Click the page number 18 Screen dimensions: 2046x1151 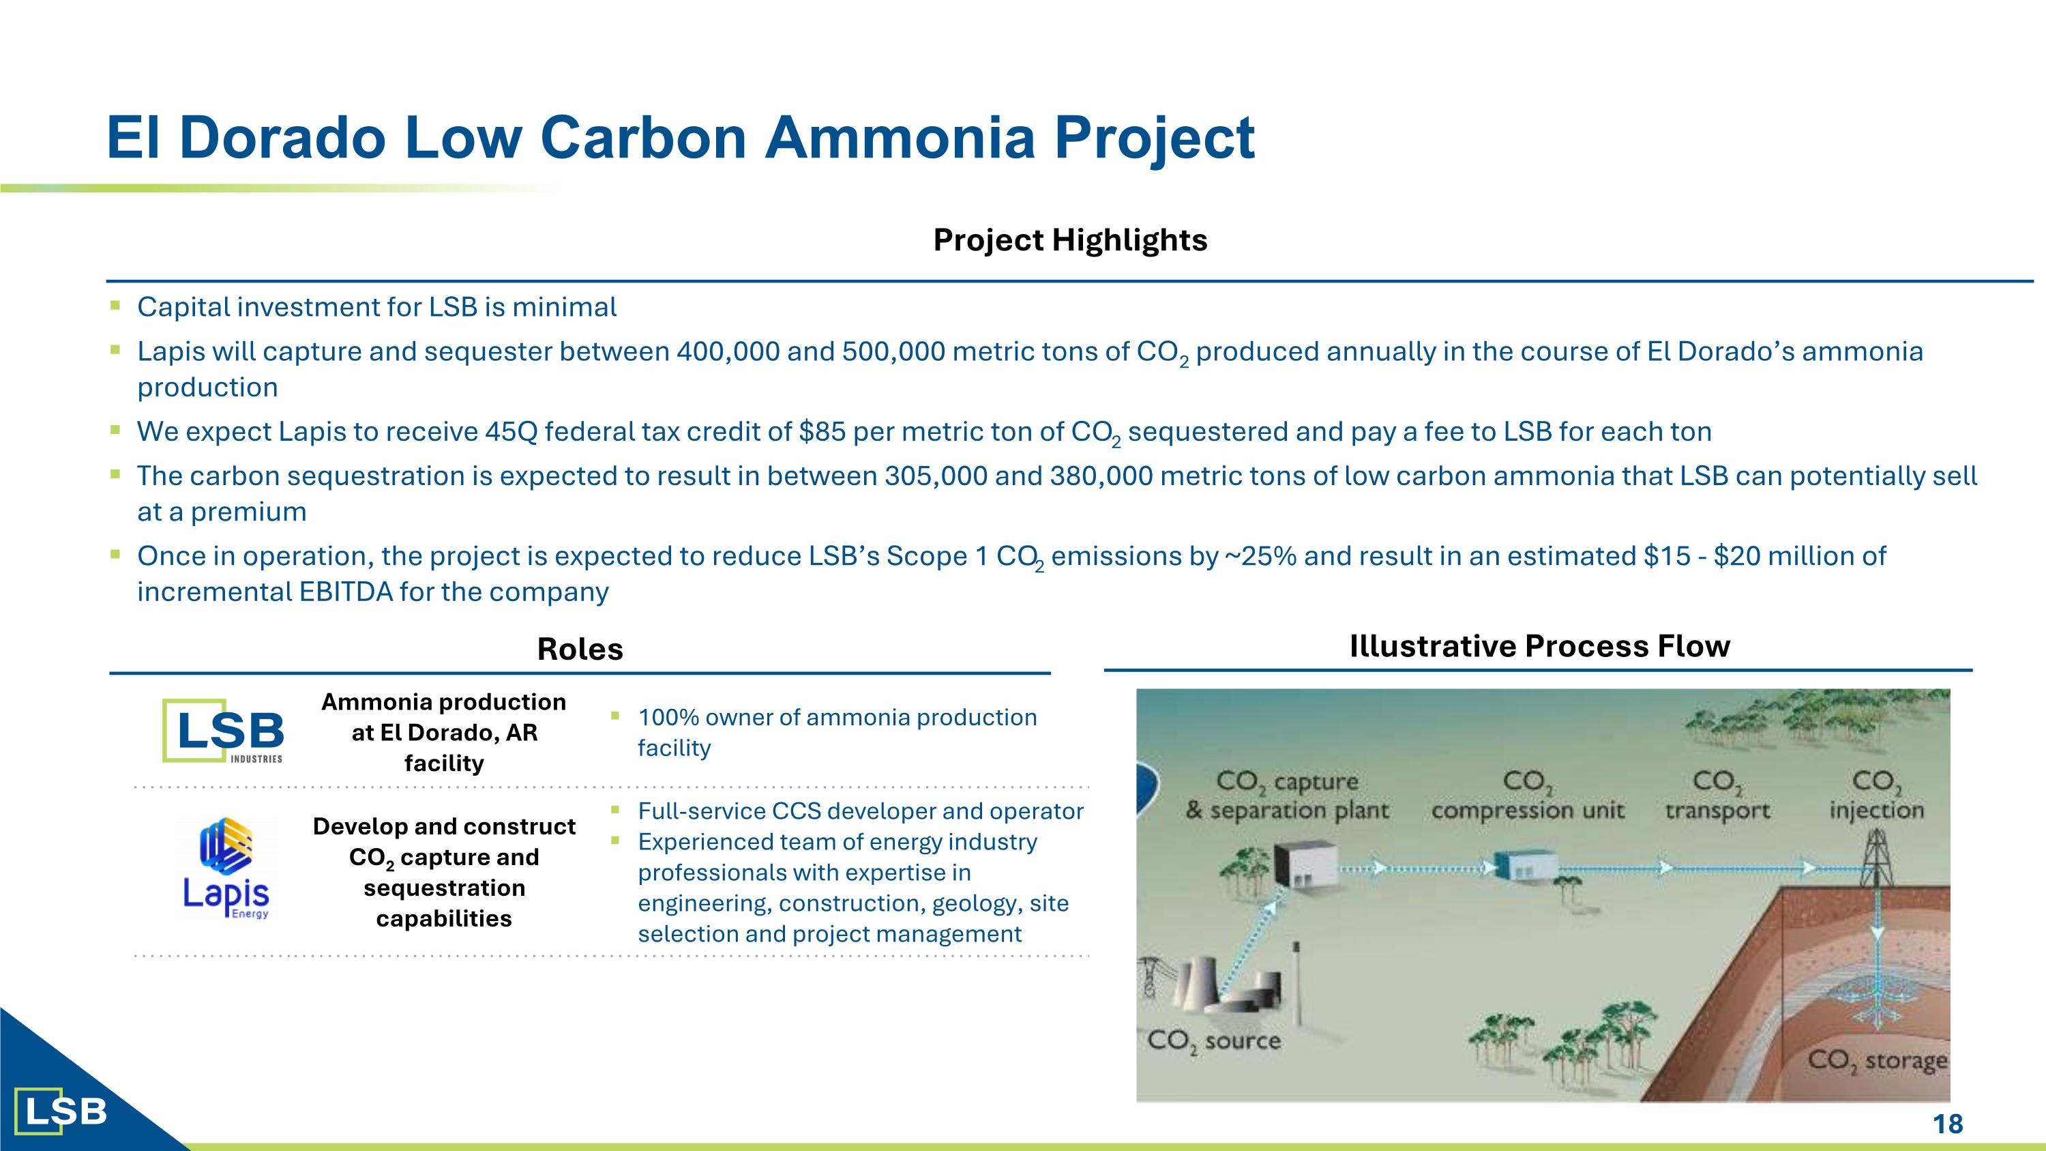coord(1948,1124)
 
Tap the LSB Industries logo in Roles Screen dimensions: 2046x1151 coord(223,731)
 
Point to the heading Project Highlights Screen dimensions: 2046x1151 coord(1070,240)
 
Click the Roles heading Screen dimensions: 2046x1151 coord(580,649)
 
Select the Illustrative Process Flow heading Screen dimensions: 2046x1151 coord(1539,646)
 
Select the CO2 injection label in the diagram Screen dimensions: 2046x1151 coord(1877,794)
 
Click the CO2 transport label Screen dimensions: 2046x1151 coord(1717,795)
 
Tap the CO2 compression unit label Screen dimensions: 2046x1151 coord(1528,795)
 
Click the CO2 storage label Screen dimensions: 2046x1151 coord(1878,1060)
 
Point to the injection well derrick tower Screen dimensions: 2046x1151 coord(1877,857)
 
